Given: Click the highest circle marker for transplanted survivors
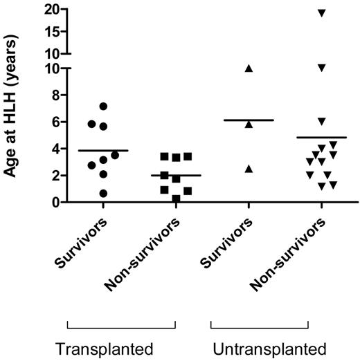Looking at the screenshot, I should coord(103,107).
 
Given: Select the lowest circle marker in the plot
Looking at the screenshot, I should coord(103,194).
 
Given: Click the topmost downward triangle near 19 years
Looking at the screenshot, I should coord(321,13).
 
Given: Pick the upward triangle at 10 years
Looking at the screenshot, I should coord(249,68).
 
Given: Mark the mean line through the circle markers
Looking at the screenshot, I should coord(103,150).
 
